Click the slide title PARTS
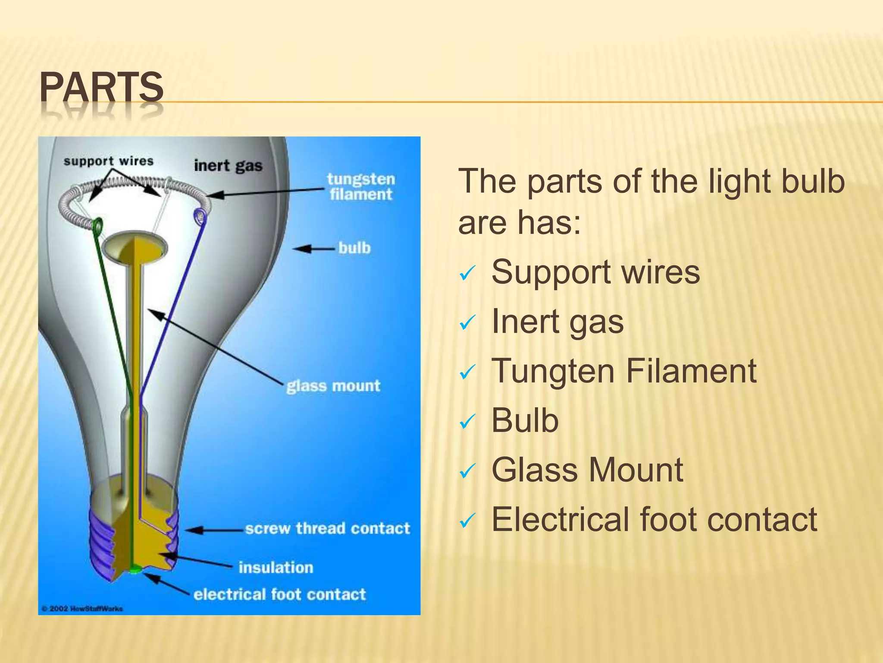coord(102,88)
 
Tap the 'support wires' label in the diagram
coord(108,161)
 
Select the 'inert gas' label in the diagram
coord(228,166)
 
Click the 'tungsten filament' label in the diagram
coord(360,186)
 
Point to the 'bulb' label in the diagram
coord(354,248)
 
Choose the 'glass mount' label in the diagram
coord(333,385)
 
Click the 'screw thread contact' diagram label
coord(327,528)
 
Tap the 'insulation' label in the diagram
coord(276,567)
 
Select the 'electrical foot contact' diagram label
coord(279,594)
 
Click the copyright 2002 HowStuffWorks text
coord(82,609)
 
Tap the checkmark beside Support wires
coord(467,273)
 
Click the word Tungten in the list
coord(553,371)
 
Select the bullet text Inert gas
coord(557,322)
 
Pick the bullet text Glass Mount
coord(587,470)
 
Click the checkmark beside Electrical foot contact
coord(467,521)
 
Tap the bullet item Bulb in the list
coord(525,420)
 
